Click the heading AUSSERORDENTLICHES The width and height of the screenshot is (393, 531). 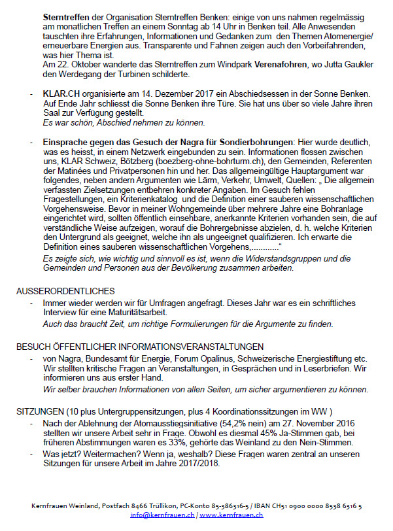point(65,290)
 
